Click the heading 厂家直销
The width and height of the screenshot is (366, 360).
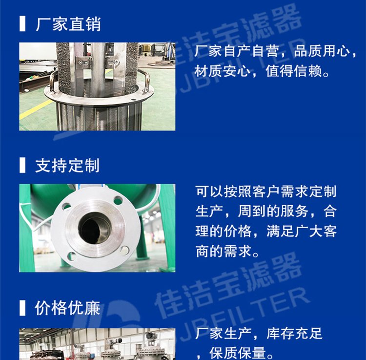coord(68,24)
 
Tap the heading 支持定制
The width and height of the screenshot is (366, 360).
coord(67,166)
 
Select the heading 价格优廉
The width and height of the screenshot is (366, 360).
coord(67,308)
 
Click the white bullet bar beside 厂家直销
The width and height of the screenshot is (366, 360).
coord(22,23)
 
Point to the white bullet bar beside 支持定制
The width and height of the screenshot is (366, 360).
coord(22,165)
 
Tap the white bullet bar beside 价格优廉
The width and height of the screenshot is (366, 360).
coord(22,308)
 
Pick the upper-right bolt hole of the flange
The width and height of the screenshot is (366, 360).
coord(118,200)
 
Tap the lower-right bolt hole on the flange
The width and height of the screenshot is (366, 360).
coord(124,250)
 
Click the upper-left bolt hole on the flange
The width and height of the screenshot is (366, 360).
coord(66,206)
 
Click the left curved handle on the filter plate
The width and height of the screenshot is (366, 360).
coord(53,81)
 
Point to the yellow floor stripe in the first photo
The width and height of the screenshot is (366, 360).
coord(36,109)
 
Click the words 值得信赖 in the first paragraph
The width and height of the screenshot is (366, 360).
coord(294,71)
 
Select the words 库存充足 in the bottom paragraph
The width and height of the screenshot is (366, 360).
coord(294,333)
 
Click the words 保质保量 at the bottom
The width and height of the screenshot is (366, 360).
coord(238,353)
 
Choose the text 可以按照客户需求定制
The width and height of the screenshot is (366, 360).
coord(266,191)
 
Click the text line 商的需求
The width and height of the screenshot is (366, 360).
coord(224,251)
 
